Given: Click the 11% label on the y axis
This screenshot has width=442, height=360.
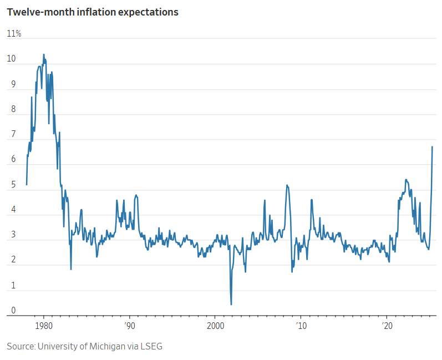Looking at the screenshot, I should coord(14,34).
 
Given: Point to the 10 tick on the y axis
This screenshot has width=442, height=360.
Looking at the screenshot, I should coord(11,59).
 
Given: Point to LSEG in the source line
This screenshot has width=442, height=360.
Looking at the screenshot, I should coord(151,346).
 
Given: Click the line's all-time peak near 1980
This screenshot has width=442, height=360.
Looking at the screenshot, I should coord(44,54).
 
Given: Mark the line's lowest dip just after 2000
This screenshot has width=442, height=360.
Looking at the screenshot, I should coord(231,304).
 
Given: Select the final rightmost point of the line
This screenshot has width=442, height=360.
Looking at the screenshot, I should coord(432,146).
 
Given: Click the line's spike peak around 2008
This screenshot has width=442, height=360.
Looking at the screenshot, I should coord(287,185).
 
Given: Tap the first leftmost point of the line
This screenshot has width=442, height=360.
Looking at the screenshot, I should coord(27,185).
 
